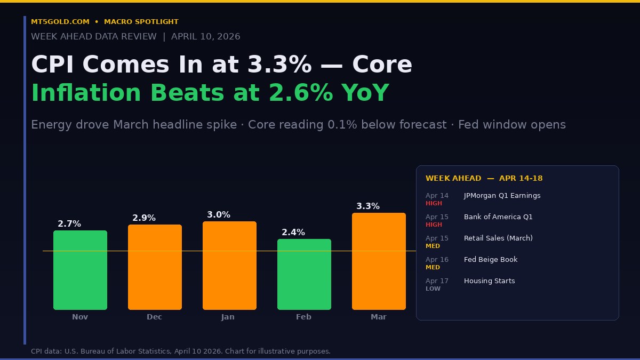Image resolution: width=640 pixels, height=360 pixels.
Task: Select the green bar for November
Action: point(80,270)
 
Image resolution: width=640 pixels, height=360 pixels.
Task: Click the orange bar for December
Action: point(155,267)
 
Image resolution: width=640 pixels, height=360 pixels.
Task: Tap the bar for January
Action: point(229,265)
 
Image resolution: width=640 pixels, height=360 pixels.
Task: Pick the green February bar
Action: point(304,274)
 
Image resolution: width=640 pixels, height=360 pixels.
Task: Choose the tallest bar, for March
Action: point(379,261)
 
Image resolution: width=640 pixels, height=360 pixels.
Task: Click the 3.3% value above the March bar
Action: point(368,206)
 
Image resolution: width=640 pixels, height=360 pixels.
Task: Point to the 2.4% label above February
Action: point(293,233)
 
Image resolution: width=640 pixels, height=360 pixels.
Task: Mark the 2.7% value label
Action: point(69,224)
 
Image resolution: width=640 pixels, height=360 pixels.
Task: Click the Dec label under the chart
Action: point(155,317)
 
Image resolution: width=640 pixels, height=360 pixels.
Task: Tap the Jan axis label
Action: point(228,317)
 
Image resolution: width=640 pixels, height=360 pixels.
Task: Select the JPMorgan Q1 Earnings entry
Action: point(502,196)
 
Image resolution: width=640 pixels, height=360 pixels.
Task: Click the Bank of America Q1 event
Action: point(498,217)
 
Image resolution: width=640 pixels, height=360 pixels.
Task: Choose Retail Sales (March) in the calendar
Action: point(498,238)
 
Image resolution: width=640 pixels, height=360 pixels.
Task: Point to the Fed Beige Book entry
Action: point(491,260)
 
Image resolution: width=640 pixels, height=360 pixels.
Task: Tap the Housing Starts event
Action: point(490,281)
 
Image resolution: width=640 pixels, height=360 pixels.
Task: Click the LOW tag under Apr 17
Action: point(433,289)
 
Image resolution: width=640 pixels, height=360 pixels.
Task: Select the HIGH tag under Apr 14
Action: point(434,203)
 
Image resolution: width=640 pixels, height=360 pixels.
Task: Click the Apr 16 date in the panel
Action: point(437,260)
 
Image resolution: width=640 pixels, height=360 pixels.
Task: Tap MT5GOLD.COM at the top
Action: point(60,22)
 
